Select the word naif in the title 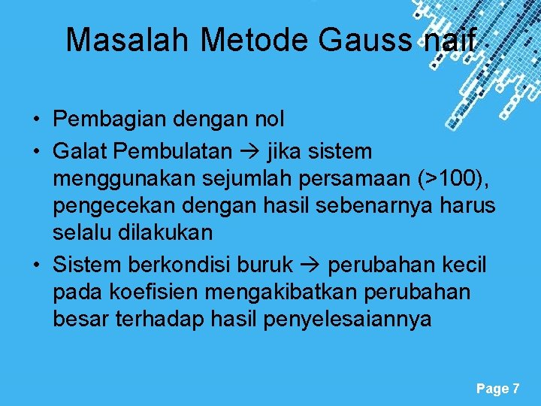click(449, 41)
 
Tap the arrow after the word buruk click(312, 266)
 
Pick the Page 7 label click(497, 389)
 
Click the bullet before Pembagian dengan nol click(36, 120)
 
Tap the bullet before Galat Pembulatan click(36, 151)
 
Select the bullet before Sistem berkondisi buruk click(36, 265)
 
